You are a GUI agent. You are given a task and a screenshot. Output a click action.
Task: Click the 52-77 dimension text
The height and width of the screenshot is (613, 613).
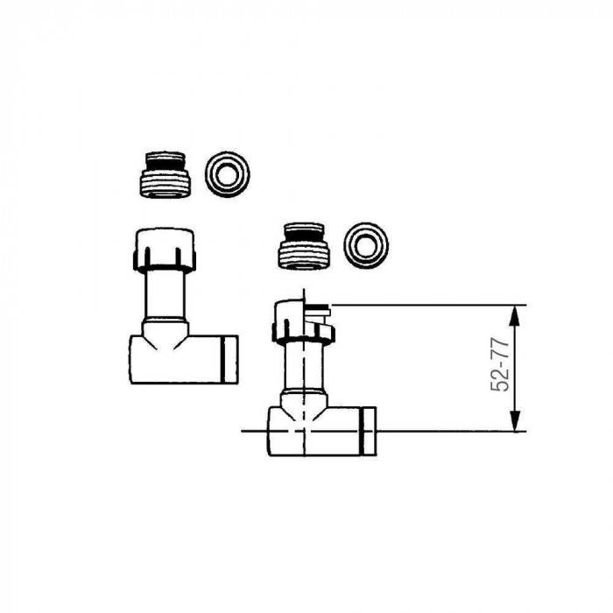coord(500,364)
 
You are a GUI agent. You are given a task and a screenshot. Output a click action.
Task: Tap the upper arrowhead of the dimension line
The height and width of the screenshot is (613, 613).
coord(515,315)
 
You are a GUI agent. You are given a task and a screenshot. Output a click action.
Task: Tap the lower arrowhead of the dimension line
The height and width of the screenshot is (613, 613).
coord(515,420)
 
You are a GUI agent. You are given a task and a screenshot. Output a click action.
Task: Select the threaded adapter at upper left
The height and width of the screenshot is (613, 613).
coord(165,175)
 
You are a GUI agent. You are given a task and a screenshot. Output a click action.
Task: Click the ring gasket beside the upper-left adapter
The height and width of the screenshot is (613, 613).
coord(227,174)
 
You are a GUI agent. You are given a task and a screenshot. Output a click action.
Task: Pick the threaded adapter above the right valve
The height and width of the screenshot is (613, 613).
coord(304,246)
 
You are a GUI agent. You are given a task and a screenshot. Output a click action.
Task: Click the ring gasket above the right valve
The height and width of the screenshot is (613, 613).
coord(366,245)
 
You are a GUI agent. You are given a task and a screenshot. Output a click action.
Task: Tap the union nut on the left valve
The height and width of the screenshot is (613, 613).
coord(165,250)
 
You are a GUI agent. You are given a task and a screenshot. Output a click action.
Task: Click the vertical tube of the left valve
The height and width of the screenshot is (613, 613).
coord(165,294)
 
